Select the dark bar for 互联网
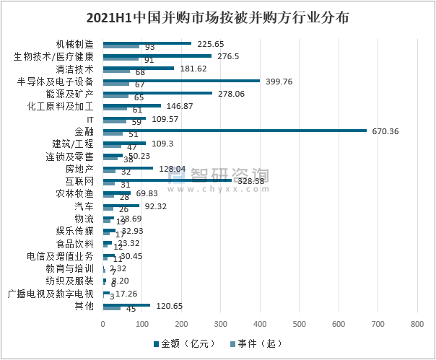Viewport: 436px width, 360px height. tap(167, 180)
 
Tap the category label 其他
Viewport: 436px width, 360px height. tap(84, 306)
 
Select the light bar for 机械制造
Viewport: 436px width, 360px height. tap(121, 47)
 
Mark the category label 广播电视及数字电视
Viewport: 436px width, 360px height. tap(51, 294)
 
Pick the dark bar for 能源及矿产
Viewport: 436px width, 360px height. tap(157, 93)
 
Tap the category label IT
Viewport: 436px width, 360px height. tap(90, 119)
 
